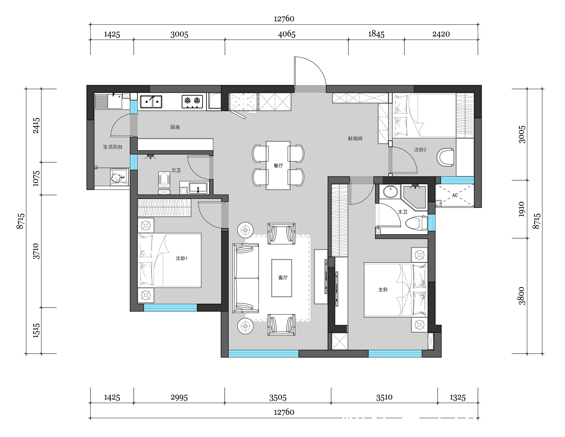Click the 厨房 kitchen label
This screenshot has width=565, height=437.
pyautogui.click(x=175, y=127)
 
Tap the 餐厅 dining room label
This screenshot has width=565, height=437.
pyautogui.click(x=278, y=166)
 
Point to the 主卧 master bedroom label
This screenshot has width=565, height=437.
pyautogui.click(x=383, y=290)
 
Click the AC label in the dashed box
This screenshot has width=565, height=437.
pyautogui.click(x=455, y=195)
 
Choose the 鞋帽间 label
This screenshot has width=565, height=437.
pyautogui.click(x=355, y=138)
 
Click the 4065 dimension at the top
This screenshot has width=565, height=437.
pyautogui.click(x=287, y=34)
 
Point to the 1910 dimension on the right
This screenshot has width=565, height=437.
pyautogui.click(x=521, y=209)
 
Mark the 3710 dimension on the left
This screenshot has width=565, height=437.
pyautogui.click(x=36, y=251)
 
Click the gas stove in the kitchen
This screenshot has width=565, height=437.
pyautogui.click(x=192, y=101)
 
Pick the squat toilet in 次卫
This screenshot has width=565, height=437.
pyautogui.click(x=164, y=179)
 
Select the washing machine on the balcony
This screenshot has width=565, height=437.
pyautogui.click(x=119, y=177)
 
